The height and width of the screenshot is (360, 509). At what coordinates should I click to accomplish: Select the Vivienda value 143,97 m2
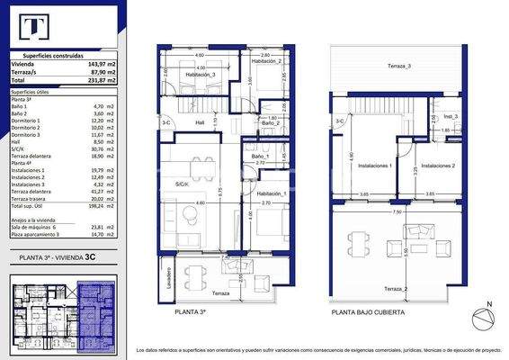tap(102, 65)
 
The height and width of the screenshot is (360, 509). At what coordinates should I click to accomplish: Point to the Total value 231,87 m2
tap(102, 81)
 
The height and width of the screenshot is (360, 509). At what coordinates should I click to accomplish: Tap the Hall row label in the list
tap(16, 141)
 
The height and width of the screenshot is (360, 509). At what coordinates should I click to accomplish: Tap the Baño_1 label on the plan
tap(259, 157)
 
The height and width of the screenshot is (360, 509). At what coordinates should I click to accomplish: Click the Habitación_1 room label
tap(272, 194)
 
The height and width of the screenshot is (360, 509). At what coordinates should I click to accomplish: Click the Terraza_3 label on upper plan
tap(399, 67)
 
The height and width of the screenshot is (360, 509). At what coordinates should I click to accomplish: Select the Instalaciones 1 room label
tap(374, 166)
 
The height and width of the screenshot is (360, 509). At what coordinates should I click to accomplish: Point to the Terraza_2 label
tap(395, 287)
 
